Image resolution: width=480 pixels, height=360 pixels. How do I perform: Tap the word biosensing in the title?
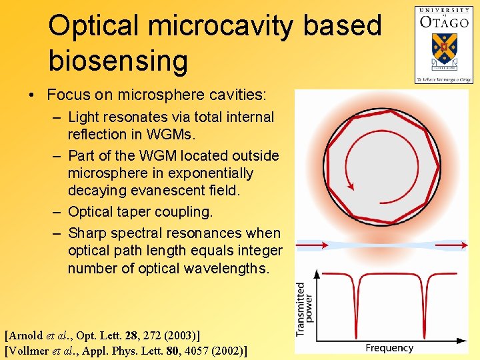point(118,61)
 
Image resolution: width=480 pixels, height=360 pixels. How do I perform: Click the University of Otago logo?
point(443,44)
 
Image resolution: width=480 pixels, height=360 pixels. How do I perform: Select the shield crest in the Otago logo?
point(443,47)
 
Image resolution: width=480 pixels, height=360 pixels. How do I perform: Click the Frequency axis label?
point(389,348)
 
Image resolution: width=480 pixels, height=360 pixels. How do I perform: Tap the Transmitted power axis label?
point(305,308)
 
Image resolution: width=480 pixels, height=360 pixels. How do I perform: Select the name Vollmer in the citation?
point(31,349)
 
